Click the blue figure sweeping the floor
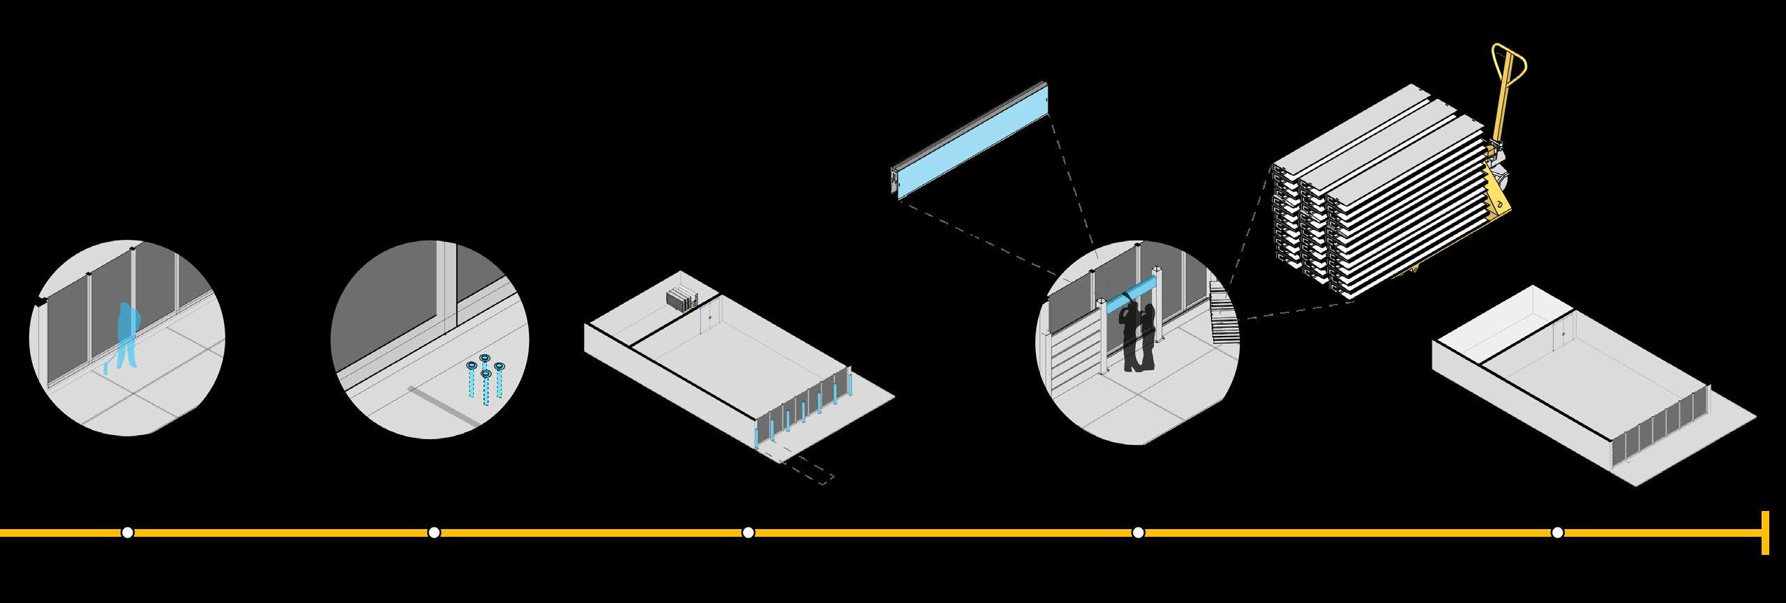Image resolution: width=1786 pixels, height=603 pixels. click(x=128, y=335)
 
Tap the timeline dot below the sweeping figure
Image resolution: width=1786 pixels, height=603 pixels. click(x=127, y=533)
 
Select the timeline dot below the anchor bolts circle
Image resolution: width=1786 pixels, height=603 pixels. click(x=434, y=533)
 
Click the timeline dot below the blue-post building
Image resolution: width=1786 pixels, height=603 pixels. click(x=749, y=533)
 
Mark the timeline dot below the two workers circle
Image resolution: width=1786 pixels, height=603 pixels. click(x=1139, y=533)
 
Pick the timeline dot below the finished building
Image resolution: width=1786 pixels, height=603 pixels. click(x=1557, y=533)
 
